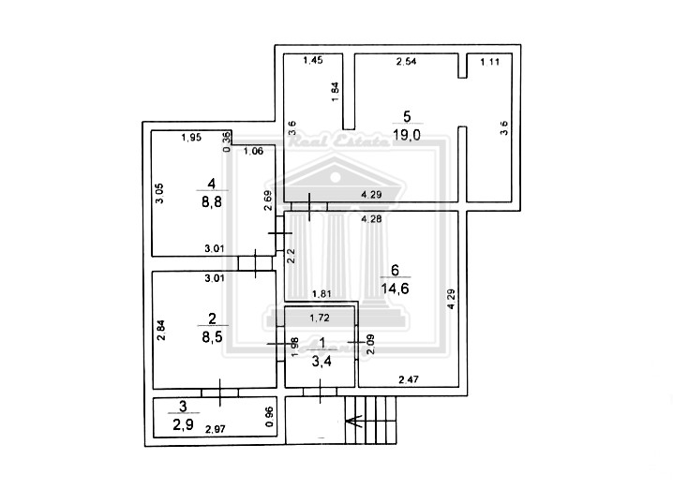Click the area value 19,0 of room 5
(407, 134)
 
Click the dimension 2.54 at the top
(406, 62)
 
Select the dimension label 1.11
(489, 62)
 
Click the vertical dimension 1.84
(335, 91)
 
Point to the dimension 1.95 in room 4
(191, 138)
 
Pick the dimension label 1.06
(252, 151)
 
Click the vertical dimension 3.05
(160, 194)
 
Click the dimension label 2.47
(409, 379)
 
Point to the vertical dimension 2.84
(160, 330)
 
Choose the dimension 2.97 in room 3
(216, 429)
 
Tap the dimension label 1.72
(320, 317)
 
